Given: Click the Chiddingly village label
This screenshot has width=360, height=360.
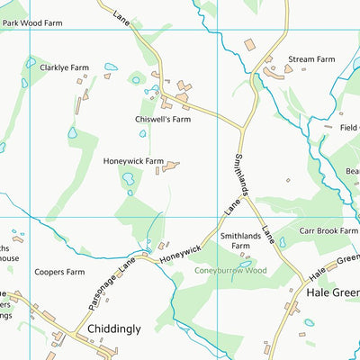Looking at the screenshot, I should click(x=114, y=329).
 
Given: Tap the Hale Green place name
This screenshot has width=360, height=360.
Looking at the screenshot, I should click(x=332, y=292).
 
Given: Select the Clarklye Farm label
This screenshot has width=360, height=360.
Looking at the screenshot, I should click(x=63, y=67).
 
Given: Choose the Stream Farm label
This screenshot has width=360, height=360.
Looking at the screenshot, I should click(x=311, y=60).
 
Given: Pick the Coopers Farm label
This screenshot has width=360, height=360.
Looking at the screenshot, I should click(x=59, y=271).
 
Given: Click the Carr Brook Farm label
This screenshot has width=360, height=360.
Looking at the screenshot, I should click(x=328, y=231).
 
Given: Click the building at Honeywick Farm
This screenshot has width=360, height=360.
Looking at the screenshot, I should click(x=171, y=166).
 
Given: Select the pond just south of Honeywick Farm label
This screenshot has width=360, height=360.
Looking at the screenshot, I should click(x=128, y=179).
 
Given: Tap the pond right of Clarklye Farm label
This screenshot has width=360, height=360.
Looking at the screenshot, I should click(x=111, y=67).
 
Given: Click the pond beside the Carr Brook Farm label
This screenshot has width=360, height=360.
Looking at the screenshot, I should click(x=283, y=242).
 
